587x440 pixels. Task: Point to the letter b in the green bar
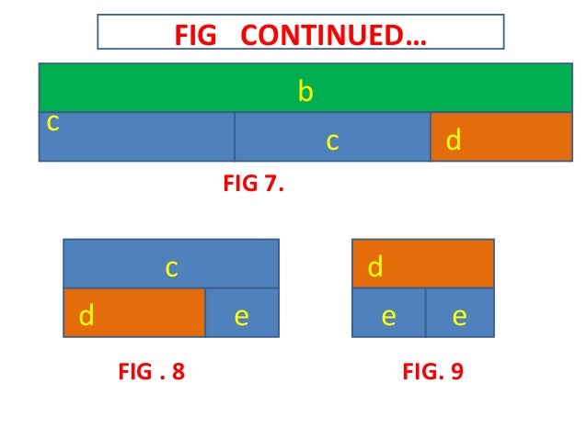point(305,92)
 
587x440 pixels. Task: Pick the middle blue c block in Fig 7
point(332,137)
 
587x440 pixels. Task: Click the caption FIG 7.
point(253,184)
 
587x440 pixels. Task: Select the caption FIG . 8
point(152,372)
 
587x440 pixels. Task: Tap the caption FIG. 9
point(432,372)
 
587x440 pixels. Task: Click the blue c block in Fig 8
point(171,264)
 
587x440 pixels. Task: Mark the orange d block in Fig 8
point(134,313)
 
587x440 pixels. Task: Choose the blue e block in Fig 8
point(241,313)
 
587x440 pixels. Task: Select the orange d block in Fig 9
point(423,264)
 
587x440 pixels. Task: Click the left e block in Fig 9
point(389,313)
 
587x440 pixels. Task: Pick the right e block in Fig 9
point(460,313)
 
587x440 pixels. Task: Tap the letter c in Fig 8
point(171,268)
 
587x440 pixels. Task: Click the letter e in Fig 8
point(241,317)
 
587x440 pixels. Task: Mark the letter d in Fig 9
point(375,267)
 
